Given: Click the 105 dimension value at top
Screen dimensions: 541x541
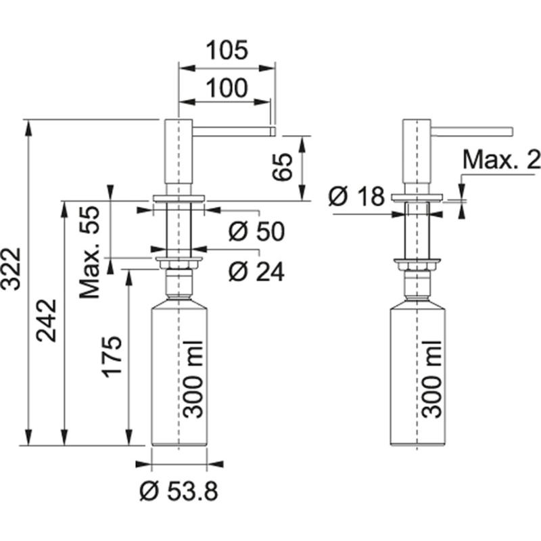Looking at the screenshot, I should (x=227, y=50).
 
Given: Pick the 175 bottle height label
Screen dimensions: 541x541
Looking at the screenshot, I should (x=112, y=356).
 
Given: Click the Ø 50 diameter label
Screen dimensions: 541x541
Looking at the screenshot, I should (x=256, y=231).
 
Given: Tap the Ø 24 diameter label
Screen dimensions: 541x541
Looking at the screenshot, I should (x=256, y=271).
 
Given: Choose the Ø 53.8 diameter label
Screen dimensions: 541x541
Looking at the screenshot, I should (x=179, y=492).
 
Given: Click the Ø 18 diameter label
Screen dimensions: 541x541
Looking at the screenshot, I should (x=356, y=197).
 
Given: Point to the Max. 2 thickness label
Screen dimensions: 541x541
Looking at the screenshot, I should (x=501, y=160).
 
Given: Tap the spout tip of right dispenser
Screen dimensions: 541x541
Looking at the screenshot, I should (x=511, y=130).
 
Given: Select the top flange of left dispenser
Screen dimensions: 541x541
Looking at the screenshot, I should (x=179, y=198).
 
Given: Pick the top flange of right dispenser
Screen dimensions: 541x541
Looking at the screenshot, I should (x=418, y=198).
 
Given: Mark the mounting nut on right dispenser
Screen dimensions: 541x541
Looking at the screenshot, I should (x=418, y=262).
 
